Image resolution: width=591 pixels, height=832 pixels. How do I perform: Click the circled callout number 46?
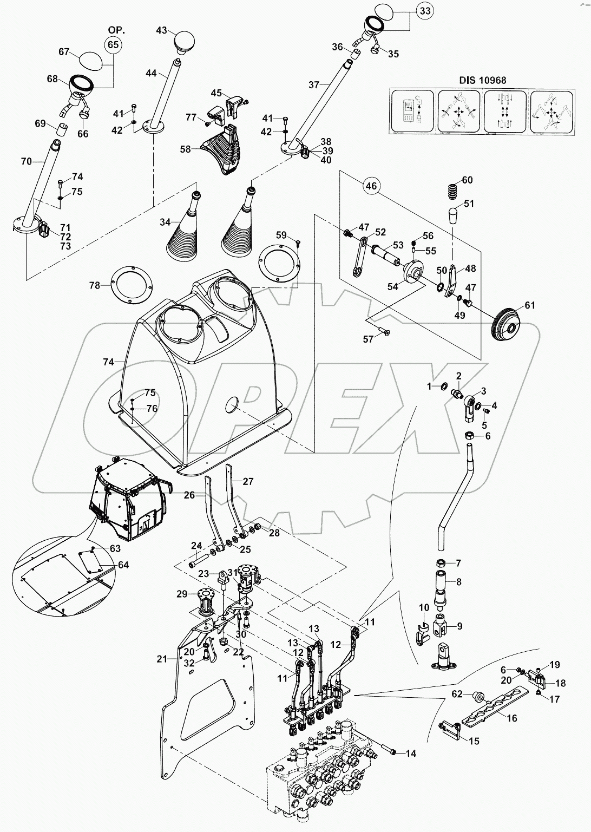(370, 186)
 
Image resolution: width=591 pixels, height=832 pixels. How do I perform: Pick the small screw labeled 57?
(386, 333)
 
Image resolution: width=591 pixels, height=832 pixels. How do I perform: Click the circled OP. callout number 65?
(113, 45)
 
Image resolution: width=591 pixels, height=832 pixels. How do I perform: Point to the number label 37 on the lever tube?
(314, 84)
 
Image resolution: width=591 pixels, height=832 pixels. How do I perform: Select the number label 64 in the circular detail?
(123, 565)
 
